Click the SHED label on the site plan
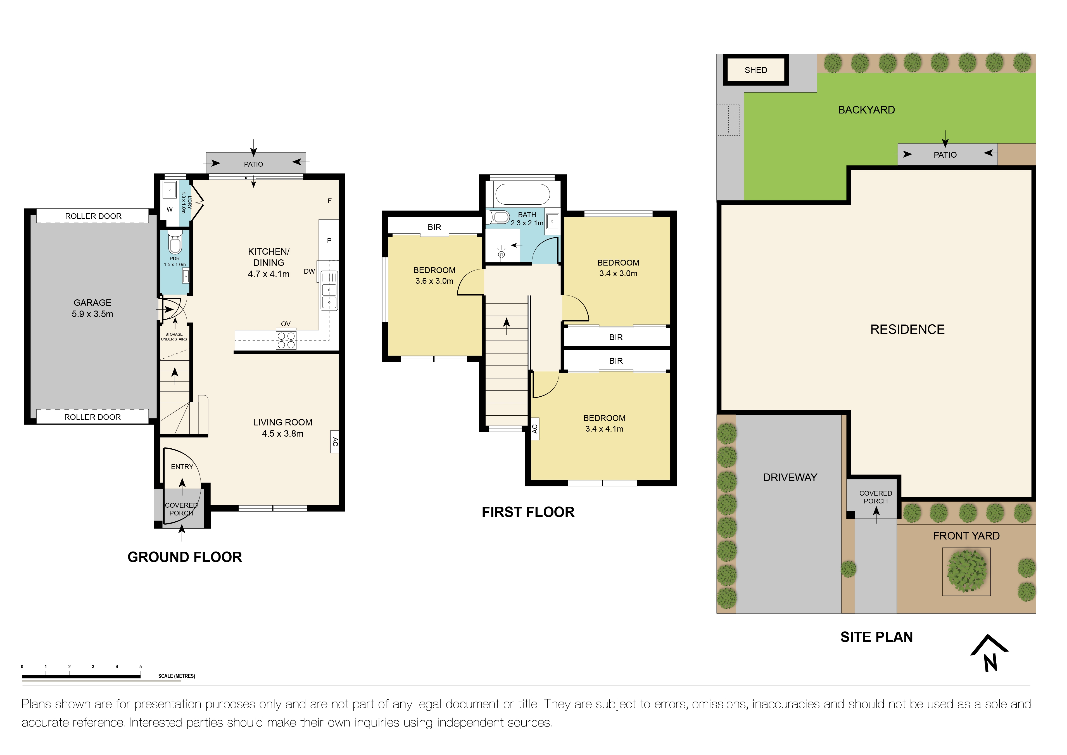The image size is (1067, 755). pyautogui.click(x=756, y=70)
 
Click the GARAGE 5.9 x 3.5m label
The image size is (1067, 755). pyautogui.click(x=92, y=308)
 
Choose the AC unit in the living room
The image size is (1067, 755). pyautogui.click(x=335, y=442)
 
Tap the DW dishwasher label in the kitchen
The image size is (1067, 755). pyautogui.click(x=310, y=271)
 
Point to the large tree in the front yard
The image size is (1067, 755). pyautogui.click(x=967, y=571)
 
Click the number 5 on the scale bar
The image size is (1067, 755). pyautogui.click(x=140, y=667)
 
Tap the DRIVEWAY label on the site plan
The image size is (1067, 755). pyautogui.click(x=790, y=477)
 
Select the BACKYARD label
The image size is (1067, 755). pyautogui.click(x=867, y=110)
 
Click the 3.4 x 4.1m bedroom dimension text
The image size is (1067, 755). pyautogui.click(x=604, y=429)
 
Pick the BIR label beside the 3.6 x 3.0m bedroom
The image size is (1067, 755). pyautogui.click(x=434, y=227)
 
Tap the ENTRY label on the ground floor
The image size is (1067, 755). pyautogui.click(x=182, y=467)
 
